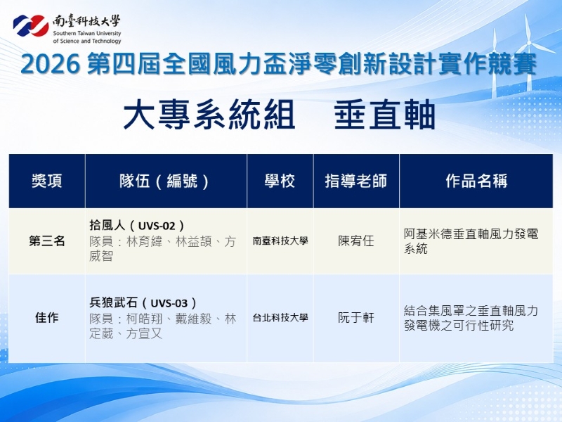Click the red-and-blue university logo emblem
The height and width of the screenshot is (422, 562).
click(31, 26)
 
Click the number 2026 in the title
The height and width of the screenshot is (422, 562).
click(50, 65)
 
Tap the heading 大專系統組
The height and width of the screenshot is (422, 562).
click(209, 115)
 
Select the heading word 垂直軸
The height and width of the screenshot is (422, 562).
click(384, 115)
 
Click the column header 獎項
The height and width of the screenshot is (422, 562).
click(47, 181)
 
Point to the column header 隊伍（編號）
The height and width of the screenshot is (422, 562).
click(165, 181)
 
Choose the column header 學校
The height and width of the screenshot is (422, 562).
click(280, 181)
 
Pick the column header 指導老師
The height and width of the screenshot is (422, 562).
click(356, 181)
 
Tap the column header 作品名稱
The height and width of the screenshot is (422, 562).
click(477, 181)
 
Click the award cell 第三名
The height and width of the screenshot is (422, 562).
click(47, 241)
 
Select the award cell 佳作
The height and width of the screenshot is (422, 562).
click(47, 318)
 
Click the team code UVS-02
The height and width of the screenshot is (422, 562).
click(157, 226)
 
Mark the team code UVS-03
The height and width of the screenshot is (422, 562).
click(169, 303)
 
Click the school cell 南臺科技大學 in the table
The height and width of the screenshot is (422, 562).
click(280, 241)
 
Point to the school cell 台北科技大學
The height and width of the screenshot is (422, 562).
click(280, 318)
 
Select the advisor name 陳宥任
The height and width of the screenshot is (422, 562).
click(356, 241)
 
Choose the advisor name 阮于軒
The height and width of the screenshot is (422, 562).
click(356, 318)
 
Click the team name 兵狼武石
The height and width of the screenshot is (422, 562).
click(113, 303)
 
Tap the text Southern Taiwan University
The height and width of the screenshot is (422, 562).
click(87, 33)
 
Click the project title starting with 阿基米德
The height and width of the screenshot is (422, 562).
click(471, 241)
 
